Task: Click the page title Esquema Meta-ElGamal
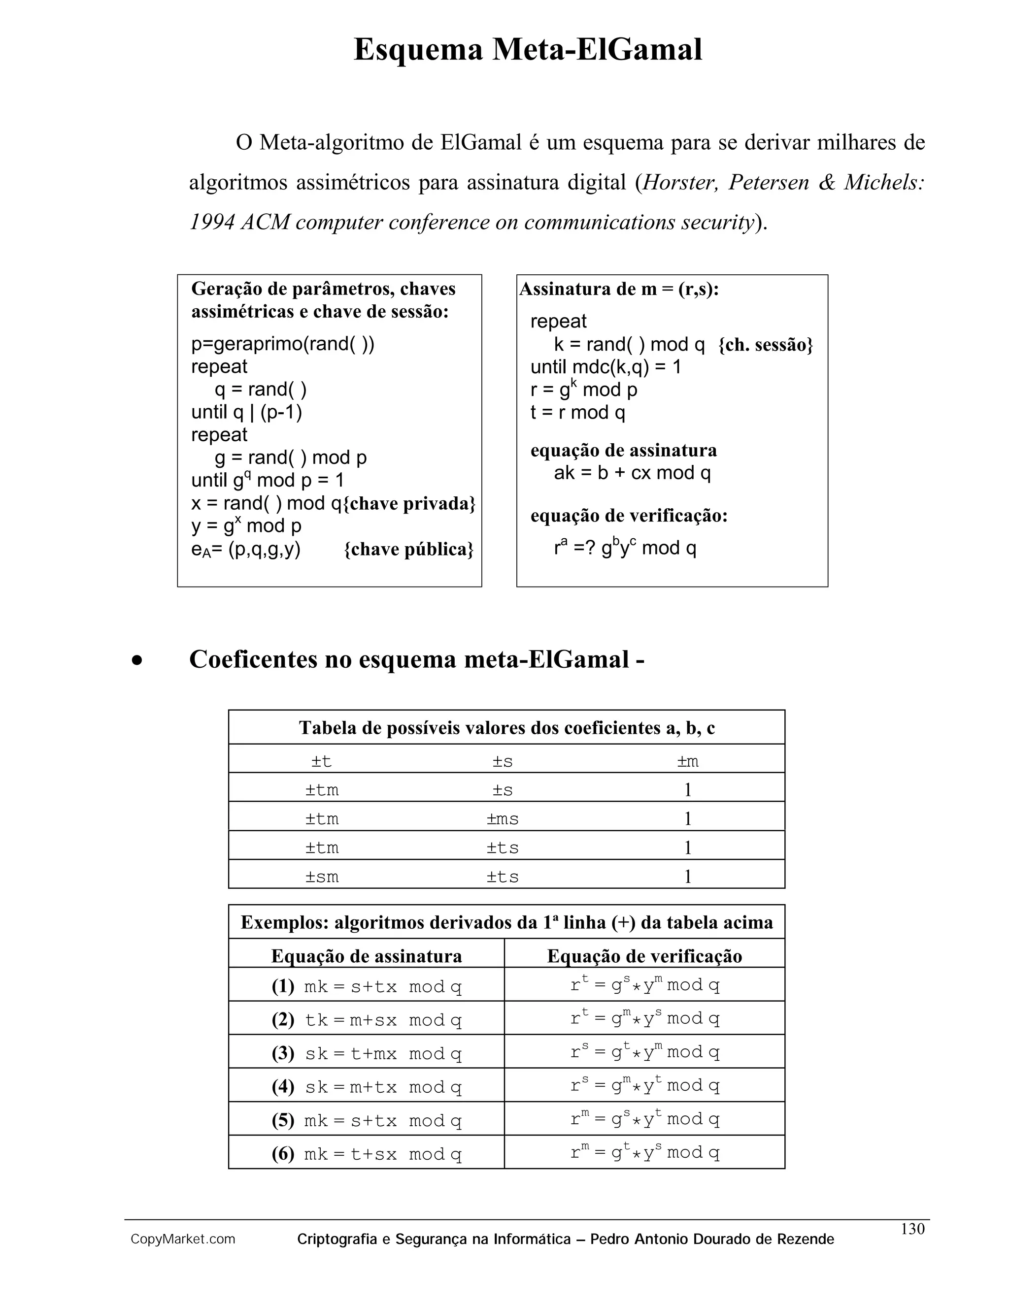coord(528,50)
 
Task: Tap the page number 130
coord(912,1229)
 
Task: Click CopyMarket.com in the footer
coord(183,1240)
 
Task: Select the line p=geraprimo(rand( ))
coord(283,344)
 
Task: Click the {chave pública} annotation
coord(409,550)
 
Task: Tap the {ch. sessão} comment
coord(765,345)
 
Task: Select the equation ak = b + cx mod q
coord(633,473)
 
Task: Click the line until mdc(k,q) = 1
coord(605,367)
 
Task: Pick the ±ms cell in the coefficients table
coord(502,818)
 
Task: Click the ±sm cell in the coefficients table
coord(322,877)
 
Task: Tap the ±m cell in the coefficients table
coord(687,761)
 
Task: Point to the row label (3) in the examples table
coord(283,1053)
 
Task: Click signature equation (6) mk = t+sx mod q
coord(382,1154)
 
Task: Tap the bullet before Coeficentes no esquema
coord(137,660)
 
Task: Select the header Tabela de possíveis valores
coord(506,728)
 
